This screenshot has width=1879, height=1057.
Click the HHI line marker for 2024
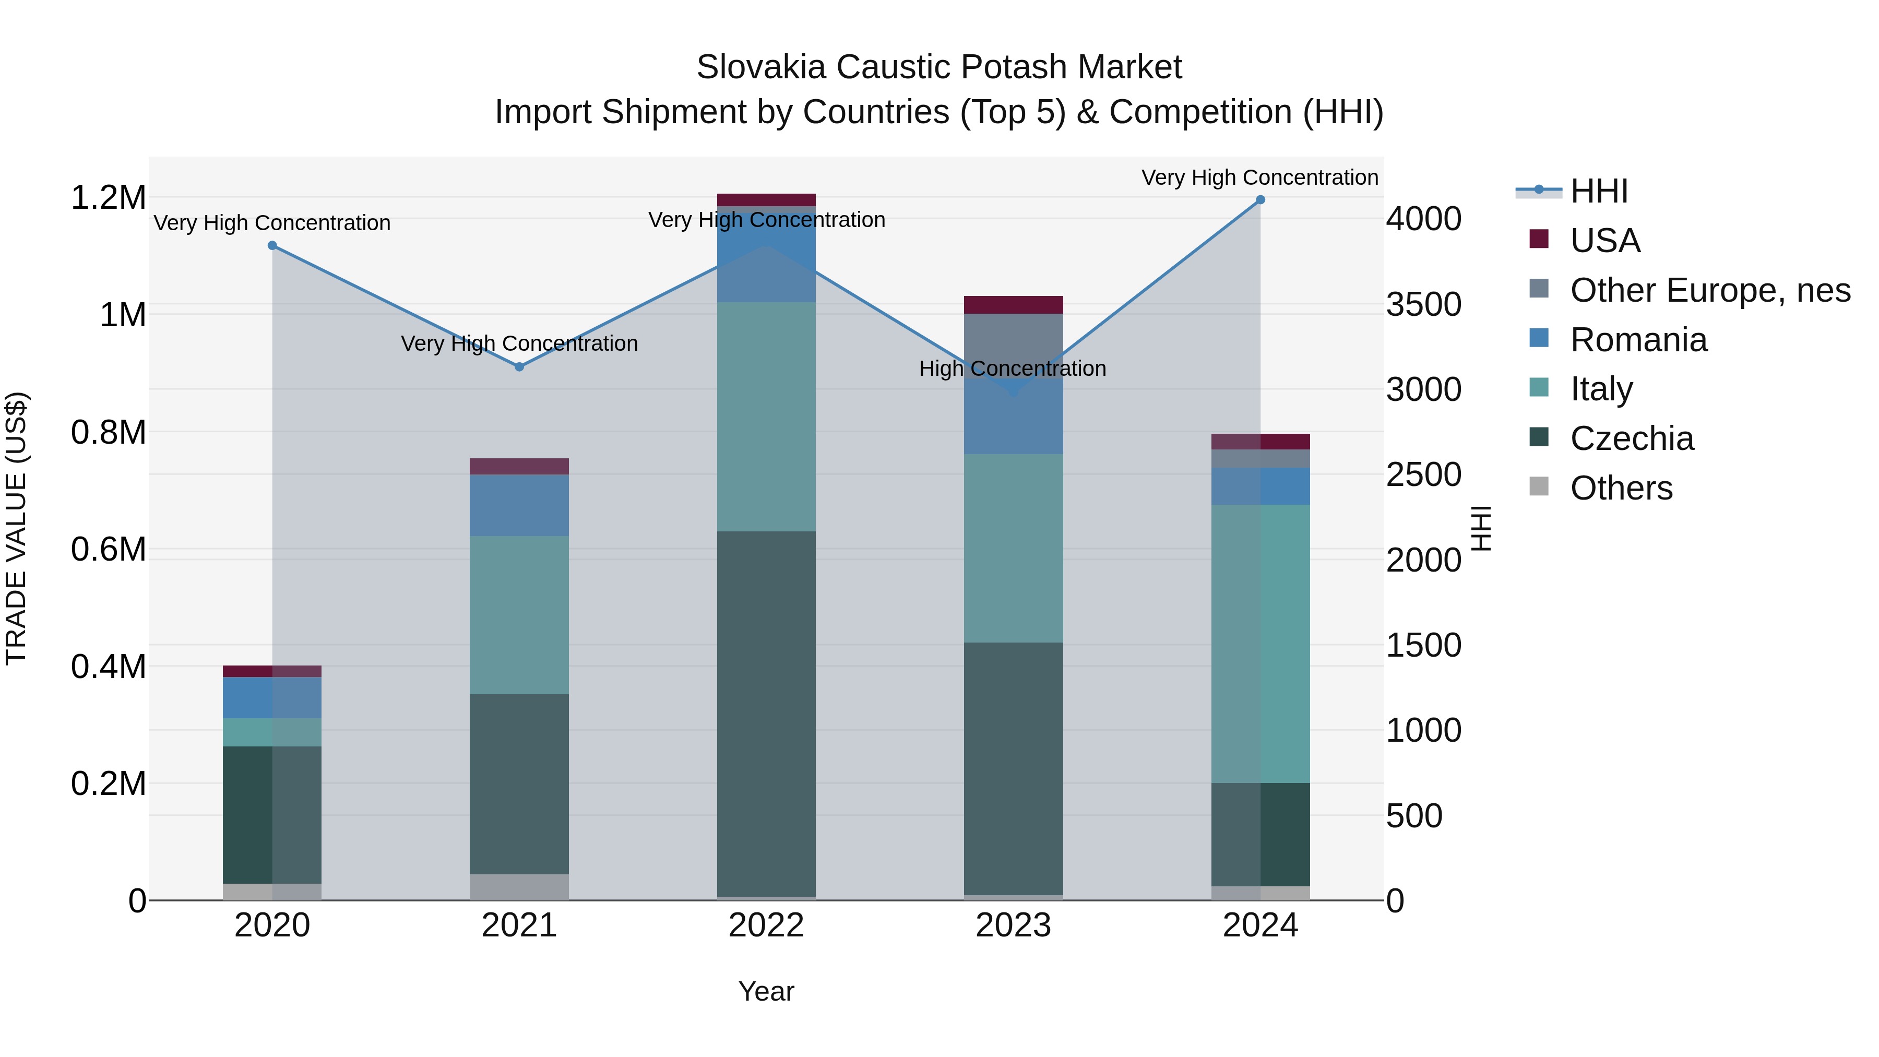pos(1260,200)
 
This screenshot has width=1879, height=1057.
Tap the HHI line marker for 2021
pos(519,367)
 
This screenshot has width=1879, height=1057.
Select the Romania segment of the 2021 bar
pos(519,505)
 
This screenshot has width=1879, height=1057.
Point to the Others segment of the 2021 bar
pos(519,886)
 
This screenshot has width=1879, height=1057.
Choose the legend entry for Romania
pos(1637,340)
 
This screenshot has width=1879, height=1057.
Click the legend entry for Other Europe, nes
pos(1709,290)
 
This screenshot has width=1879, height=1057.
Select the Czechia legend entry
pos(1631,438)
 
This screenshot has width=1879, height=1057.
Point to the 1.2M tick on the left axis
pos(108,198)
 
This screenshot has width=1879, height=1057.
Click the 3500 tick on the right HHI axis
pos(1423,304)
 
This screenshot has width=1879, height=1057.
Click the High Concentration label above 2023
pos(1013,369)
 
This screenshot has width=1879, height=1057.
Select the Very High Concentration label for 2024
pos(1260,177)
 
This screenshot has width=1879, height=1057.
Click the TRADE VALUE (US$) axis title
pos(16,528)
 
